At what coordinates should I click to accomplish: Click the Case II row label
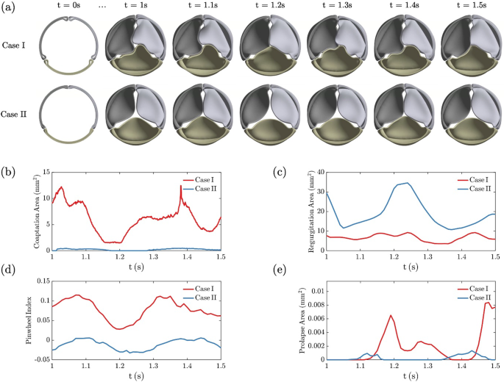click(15, 115)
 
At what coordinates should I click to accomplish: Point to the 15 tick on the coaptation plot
click(45, 172)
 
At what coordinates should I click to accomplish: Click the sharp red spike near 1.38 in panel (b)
click(180, 187)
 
